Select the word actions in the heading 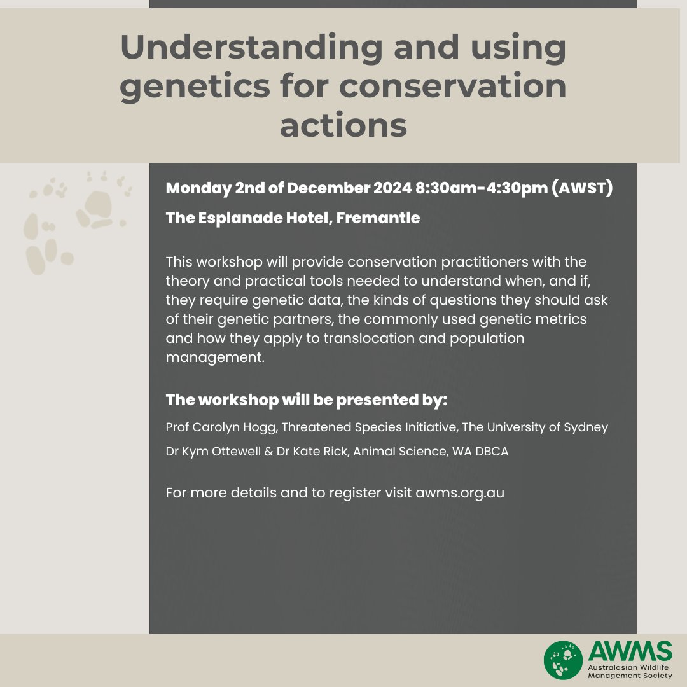click(343, 125)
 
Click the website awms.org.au click(460, 493)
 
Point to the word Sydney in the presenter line click(586, 427)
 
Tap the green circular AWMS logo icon click(563, 660)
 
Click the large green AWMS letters click(630, 651)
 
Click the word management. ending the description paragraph click(214, 357)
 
